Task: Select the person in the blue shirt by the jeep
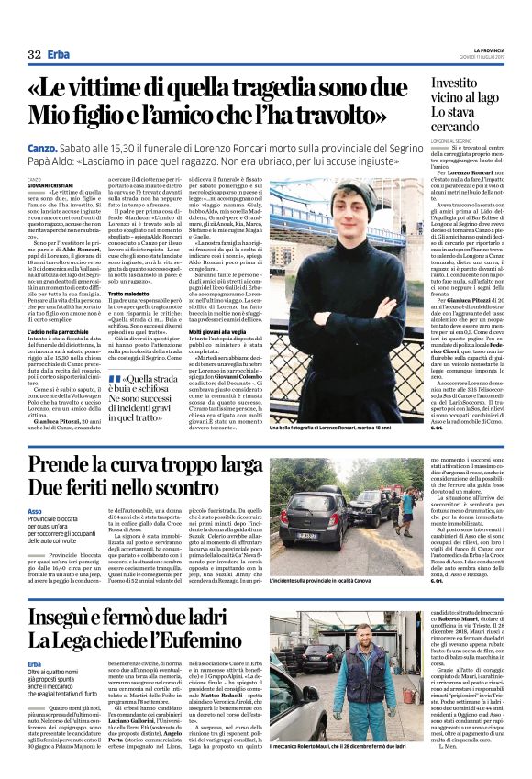tap(406, 501)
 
